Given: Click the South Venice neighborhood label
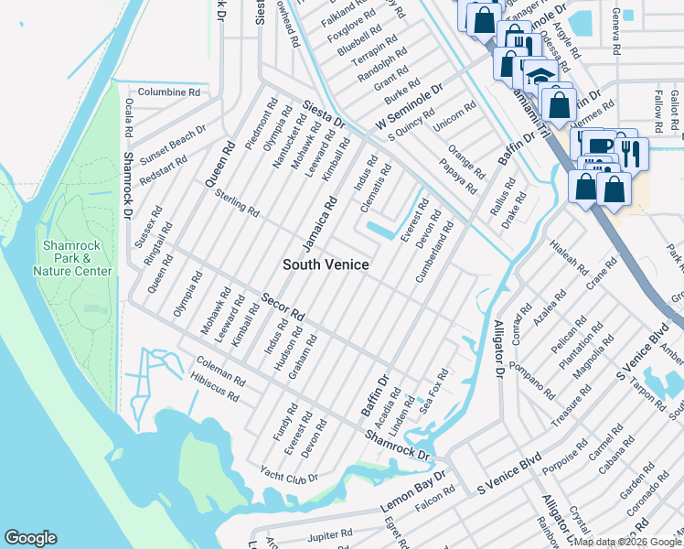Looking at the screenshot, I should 326,264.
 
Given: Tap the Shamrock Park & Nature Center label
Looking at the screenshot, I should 72,258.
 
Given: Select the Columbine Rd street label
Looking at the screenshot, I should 169,92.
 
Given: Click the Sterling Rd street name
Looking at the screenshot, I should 237,203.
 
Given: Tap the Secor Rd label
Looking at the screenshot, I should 282,307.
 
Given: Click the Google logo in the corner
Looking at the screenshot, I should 30,538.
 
